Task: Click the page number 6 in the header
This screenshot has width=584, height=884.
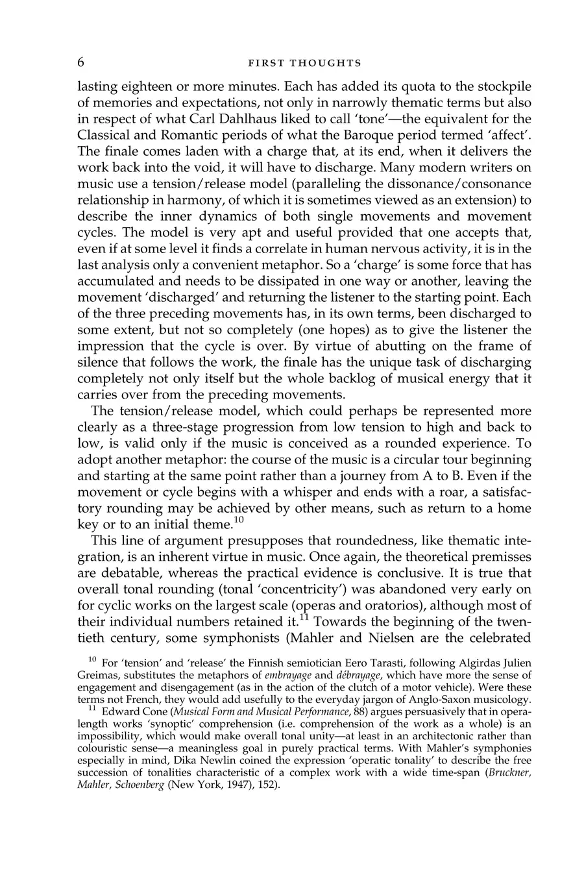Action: coord(81,62)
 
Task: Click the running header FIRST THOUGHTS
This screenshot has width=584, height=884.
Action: coord(304,64)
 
